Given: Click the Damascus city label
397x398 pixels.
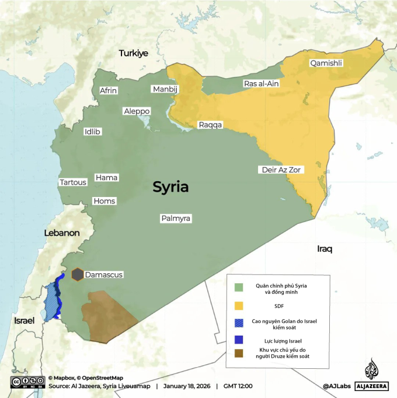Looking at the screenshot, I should click(x=104, y=274).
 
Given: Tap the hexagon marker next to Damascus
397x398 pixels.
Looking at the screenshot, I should click(x=77, y=274).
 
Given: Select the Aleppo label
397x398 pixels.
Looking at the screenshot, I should click(x=137, y=111).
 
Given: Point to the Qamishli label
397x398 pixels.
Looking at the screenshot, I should click(x=326, y=63).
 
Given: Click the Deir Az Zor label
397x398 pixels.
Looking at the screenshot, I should click(x=281, y=170).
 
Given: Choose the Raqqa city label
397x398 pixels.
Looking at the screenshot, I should click(x=210, y=125).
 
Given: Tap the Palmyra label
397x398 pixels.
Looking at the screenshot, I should click(x=176, y=219).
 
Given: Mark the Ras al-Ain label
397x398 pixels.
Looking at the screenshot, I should click(x=260, y=84).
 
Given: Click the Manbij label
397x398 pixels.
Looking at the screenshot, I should click(x=165, y=89).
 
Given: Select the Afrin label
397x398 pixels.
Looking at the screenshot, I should click(x=109, y=90).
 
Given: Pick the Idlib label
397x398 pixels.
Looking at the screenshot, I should click(x=92, y=132).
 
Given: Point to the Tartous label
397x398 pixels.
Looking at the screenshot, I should click(x=73, y=182).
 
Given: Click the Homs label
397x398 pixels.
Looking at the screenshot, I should click(x=105, y=201).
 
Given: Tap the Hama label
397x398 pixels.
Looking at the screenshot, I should click(x=106, y=177).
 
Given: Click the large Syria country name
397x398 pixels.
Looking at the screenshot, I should click(x=170, y=187).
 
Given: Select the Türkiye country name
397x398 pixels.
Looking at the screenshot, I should click(x=134, y=53).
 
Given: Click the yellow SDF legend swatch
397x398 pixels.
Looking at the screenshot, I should click(x=239, y=305).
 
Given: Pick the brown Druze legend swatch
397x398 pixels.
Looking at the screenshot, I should click(x=239, y=353).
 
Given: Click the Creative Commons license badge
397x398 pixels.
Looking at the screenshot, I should click(x=26, y=382).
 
